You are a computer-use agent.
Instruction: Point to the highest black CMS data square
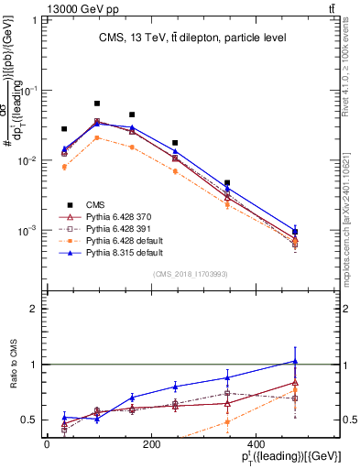click(97, 104)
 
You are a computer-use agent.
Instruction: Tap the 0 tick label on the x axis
click(48, 444)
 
